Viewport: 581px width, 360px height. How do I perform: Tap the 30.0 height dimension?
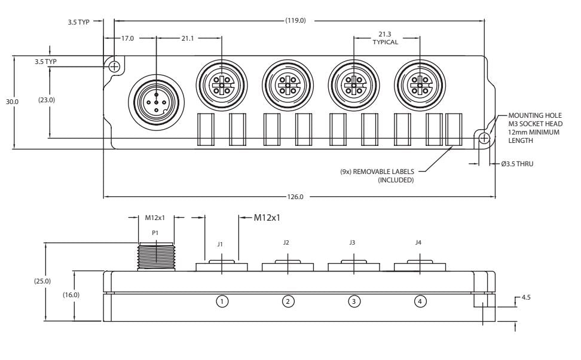13,102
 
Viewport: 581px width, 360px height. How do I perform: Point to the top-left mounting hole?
114,66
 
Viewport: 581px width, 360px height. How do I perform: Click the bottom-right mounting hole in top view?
484,138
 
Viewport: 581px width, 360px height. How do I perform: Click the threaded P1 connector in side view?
155,256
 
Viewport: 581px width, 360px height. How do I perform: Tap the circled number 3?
354,302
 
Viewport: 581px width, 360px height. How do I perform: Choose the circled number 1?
222,302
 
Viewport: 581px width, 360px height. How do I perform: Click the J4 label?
418,243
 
